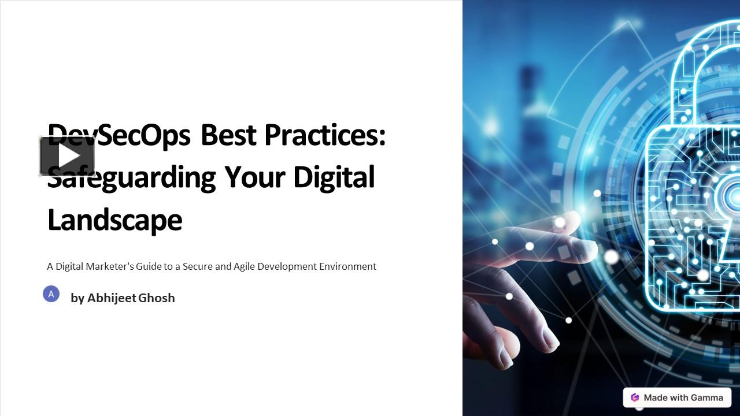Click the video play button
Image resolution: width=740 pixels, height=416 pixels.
click(67, 156)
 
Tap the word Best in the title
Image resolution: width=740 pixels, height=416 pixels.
click(228, 135)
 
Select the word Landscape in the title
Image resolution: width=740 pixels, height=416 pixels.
click(114, 220)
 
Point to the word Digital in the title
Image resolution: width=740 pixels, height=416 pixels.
click(334, 177)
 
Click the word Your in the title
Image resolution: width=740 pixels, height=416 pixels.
click(255, 177)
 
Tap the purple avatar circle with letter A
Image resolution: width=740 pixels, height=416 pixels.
click(51, 294)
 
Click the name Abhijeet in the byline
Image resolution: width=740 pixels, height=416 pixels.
click(112, 298)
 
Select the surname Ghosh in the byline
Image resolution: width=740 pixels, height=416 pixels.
click(157, 298)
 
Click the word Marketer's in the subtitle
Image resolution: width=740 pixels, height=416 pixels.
click(110, 266)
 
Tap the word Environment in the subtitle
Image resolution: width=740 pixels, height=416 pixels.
click(347, 266)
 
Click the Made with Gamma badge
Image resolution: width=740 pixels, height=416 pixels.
click(677, 398)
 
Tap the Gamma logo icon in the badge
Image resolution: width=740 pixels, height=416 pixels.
click(635, 398)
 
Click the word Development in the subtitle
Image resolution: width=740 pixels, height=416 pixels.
click(287, 267)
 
